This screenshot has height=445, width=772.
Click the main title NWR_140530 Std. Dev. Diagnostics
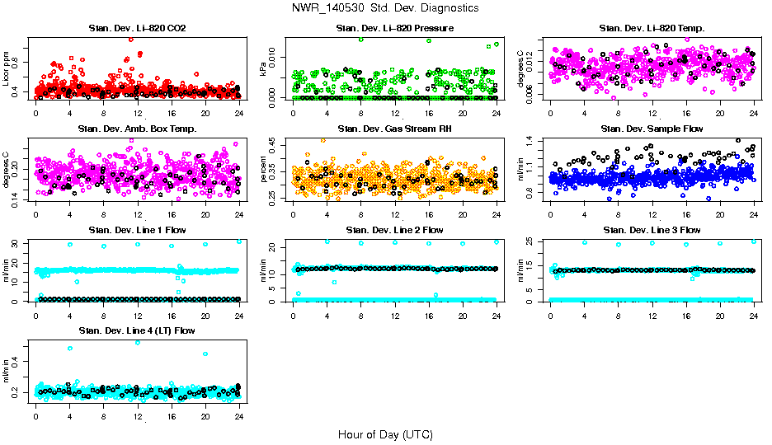(x=385, y=8)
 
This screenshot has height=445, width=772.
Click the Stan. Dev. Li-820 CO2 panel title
(x=137, y=29)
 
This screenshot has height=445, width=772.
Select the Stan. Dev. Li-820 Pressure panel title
(x=394, y=29)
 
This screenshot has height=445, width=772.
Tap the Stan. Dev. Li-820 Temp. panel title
(x=652, y=29)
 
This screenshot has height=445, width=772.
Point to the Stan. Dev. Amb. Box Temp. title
(x=137, y=129)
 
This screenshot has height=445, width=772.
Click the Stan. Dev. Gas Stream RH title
(x=394, y=129)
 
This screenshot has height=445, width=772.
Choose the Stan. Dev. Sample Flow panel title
(x=652, y=129)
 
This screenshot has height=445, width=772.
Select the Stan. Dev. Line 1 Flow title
(x=137, y=230)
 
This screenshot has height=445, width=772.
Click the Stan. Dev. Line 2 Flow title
(x=394, y=230)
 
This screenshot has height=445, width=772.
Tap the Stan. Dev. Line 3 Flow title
(x=652, y=230)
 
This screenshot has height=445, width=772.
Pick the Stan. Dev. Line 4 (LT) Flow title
(x=137, y=330)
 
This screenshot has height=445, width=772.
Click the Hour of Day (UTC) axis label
(x=385, y=434)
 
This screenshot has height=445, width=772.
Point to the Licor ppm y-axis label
(x=7, y=68)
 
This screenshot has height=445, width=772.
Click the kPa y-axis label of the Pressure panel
(x=264, y=68)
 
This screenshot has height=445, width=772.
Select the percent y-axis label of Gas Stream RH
(x=264, y=169)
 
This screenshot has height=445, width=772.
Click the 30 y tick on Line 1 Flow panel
(x=17, y=243)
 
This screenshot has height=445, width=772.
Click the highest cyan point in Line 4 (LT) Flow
(x=138, y=343)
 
